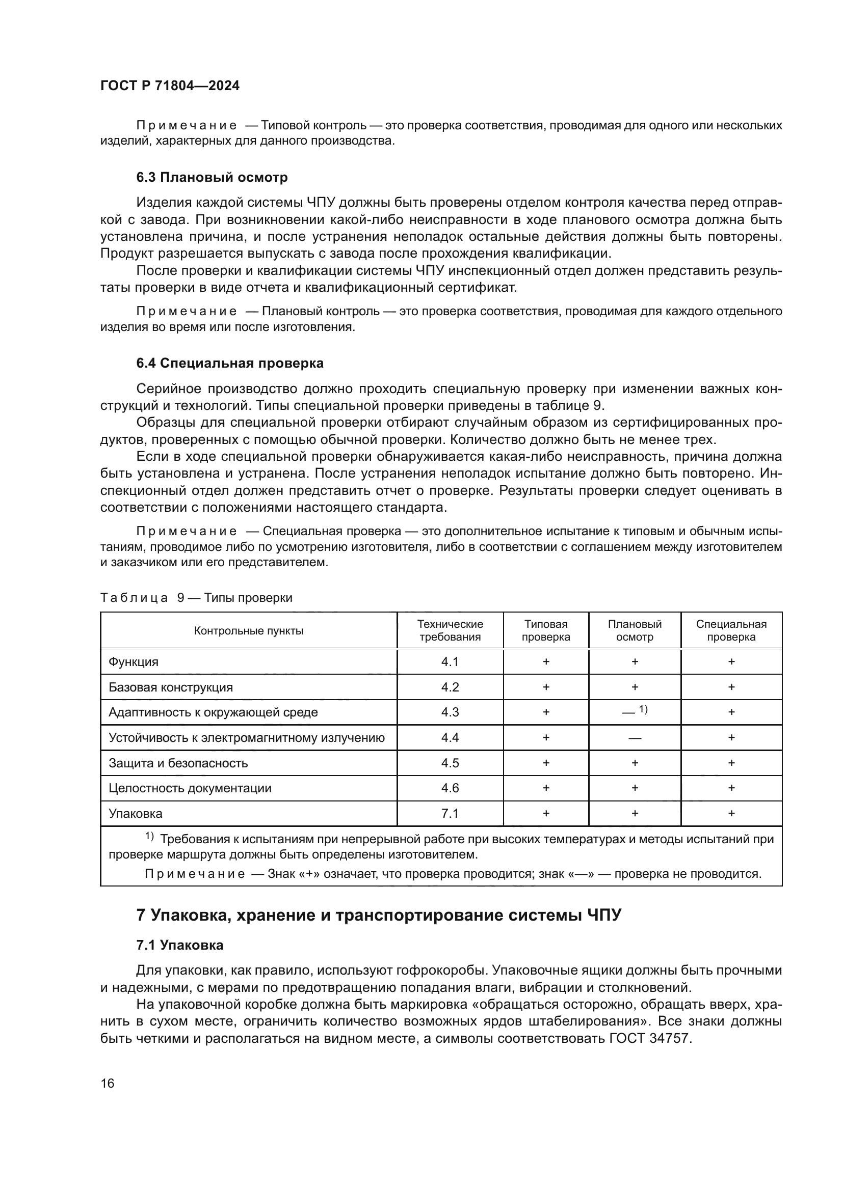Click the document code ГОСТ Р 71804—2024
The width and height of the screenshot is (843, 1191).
(x=170, y=86)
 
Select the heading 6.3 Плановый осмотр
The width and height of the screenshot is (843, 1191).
(x=212, y=177)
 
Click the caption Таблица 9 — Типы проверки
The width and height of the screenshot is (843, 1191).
(x=196, y=598)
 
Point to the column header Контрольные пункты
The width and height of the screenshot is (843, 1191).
(x=249, y=631)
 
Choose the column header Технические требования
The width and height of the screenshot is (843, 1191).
(x=450, y=631)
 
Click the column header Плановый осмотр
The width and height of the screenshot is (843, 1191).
(x=635, y=631)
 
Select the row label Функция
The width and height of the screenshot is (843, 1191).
(x=134, y=662)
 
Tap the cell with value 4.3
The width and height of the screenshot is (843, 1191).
(x=450, y=712)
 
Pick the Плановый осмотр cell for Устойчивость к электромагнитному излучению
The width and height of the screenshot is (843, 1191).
(x=635, y=738)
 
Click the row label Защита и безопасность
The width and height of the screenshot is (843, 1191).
(x=178, y=763)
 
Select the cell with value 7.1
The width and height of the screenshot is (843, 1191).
(x=450, y=813)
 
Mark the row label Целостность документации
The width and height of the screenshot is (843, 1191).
(x=190, y=788)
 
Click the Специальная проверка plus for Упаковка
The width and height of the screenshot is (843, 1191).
(x=731, y=813)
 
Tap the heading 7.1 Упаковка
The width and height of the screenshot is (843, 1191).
(x=179, y=945)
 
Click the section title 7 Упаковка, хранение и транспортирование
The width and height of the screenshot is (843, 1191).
(x=378, y=915)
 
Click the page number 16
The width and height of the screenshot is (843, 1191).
(x=108, y=1083)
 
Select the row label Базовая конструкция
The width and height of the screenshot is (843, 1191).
(x=171, y=687)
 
